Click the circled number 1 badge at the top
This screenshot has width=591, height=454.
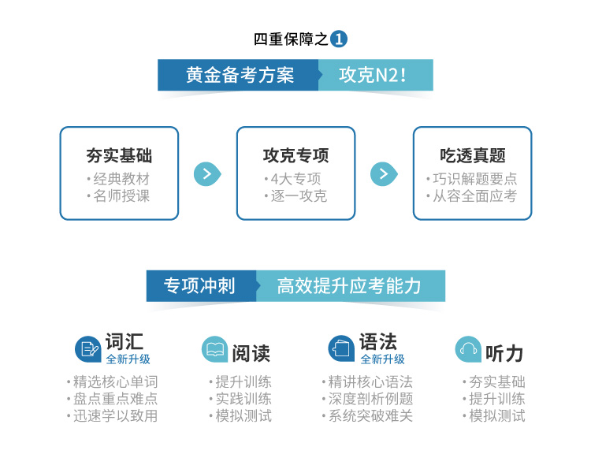pyautogui.click(x=339, y=39)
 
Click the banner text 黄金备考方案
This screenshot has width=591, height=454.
pyautogui.click(x=240, y=75)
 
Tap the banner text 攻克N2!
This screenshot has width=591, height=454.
pyautogui.click(x=373, y=75)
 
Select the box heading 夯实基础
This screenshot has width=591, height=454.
pyautogui.click(x=119, y=155)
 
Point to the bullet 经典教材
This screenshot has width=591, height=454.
pyautogui.click(x=121, y=179)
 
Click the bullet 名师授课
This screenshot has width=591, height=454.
pyautogui.click(x=121, y=196)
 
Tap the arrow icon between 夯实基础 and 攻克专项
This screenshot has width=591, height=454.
pyautogui.click(x=207, y=174)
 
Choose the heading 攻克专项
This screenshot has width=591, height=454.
pyautogui.click(x=295, y=155)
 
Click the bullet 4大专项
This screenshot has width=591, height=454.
pyautogui.click(x=295, y=179)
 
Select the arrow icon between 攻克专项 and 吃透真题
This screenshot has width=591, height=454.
pyautogui.click(x=384, y=174)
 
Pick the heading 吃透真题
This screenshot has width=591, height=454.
pyautogui.click(x=473, y=155)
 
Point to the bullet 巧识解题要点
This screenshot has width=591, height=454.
pyautogui.click(x=475, y=179)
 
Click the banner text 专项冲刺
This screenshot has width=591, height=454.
pyautogui.click(x=199, y=286)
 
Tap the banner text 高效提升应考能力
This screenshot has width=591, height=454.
pyautogui.click(x=349, y=286)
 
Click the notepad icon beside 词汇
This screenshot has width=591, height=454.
pyautogui.click(x=87, y=349)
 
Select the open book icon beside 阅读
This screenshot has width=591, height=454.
pyautogui.click(x=215, y=349)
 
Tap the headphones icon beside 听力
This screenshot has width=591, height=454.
pyautogui.click(x=468, y=349)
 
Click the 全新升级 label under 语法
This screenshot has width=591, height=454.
pyautogui.click(x=382, y=359)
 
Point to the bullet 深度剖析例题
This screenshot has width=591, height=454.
pyautogui.click(x=370, y=399)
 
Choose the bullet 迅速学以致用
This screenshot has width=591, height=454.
pyautogui.click(x=115, y=416)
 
